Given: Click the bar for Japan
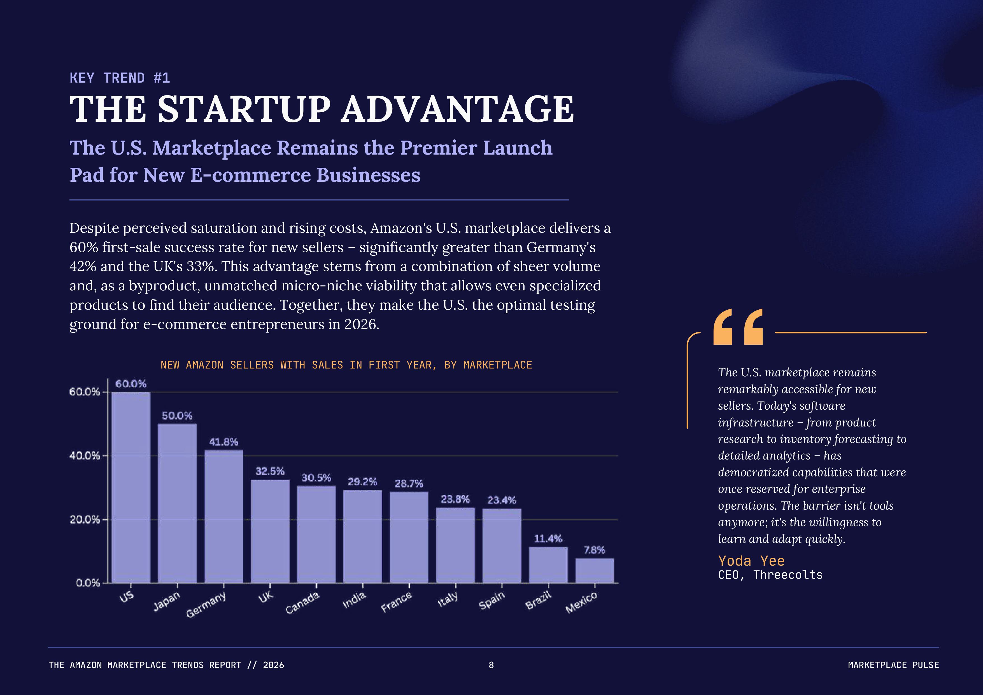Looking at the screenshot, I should [177, 503].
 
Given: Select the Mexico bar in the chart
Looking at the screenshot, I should [594, 570].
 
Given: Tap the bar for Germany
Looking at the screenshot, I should [223, 516].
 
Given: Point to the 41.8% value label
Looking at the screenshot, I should [223, 442].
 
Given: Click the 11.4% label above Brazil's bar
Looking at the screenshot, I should [548, 538].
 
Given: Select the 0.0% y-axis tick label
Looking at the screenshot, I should [87, 583].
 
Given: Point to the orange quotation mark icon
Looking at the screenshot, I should [738, 326].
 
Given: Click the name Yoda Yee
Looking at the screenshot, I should [751, 561].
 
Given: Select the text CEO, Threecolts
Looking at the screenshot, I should [770, 575].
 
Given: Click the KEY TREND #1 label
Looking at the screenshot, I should [120, 78].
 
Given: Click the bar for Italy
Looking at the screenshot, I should [455, 545].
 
